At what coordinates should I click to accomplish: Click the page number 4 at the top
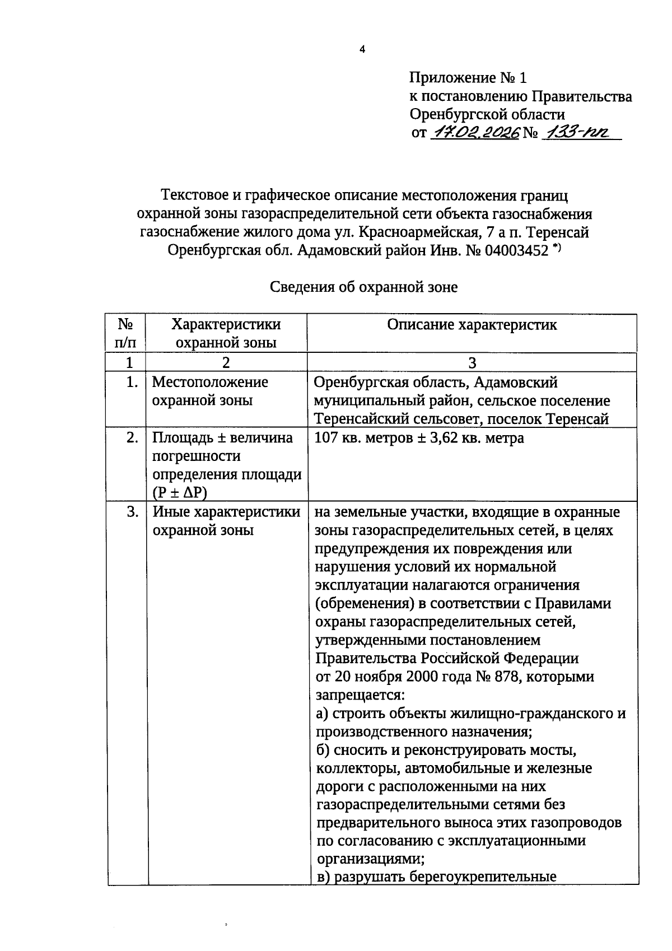point(362,50)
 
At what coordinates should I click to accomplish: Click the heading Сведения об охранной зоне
point(363,287)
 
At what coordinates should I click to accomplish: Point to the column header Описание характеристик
point(472,325)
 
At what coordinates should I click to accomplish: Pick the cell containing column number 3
point(472,362)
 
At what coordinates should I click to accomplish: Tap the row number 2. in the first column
point(132,437)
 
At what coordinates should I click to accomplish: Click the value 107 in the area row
point(326,437)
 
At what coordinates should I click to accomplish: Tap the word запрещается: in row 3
point(360,695)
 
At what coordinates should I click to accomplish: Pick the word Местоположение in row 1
point(210,382)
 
